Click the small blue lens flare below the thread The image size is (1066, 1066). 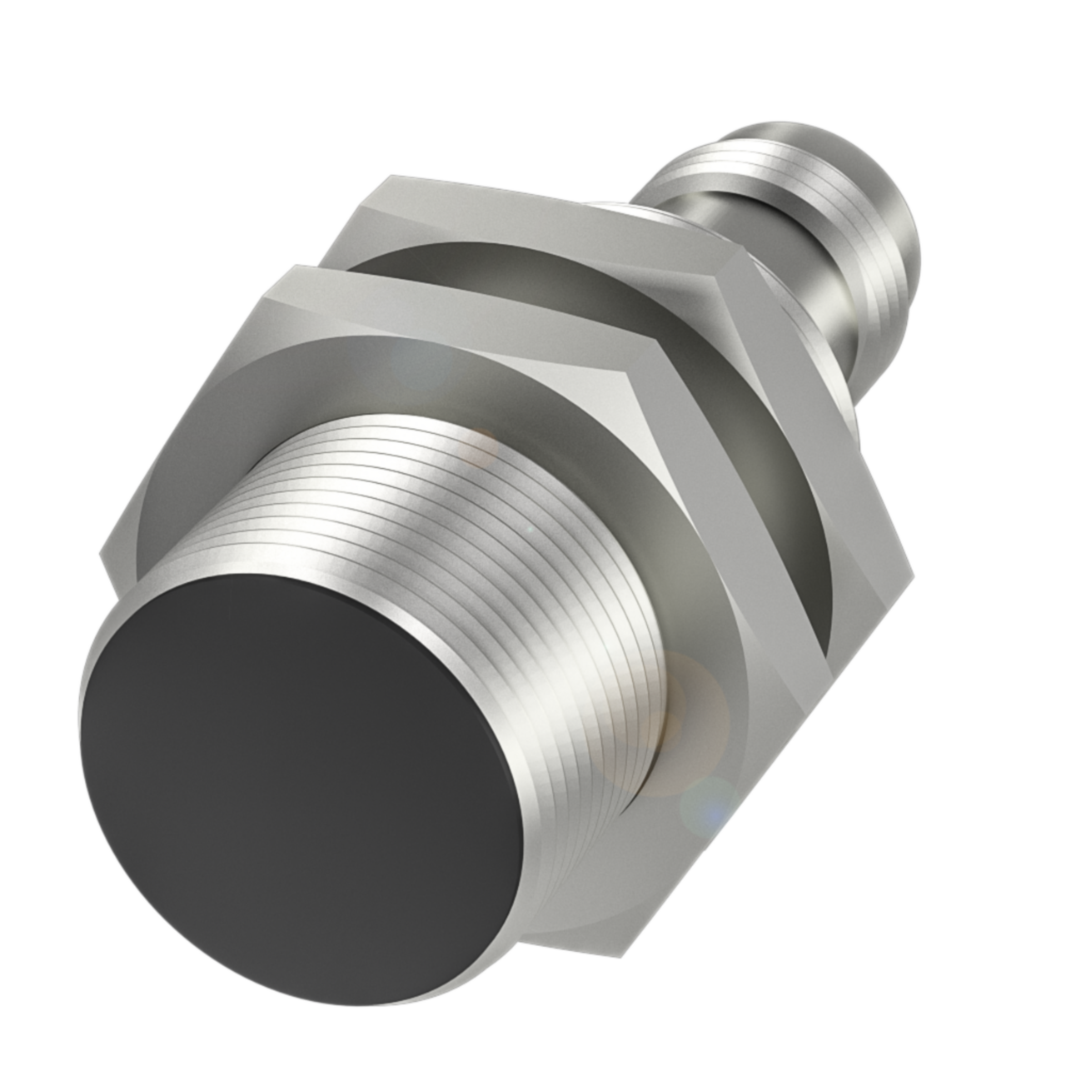coord(708,804)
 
